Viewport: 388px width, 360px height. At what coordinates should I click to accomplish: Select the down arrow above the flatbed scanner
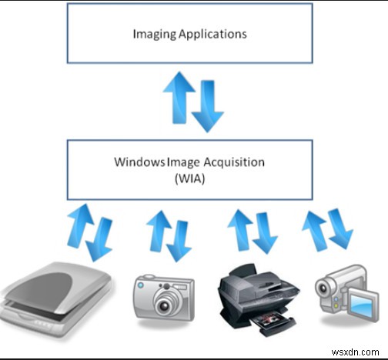coord(99,239)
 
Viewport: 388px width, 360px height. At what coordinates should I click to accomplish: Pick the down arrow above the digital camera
coord(179,239)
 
